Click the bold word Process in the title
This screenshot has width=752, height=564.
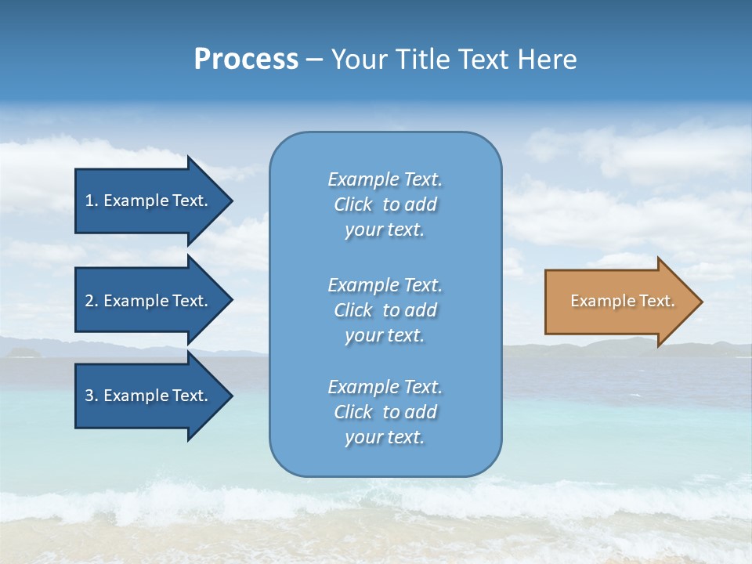pyautogui.click(x=246, y=60)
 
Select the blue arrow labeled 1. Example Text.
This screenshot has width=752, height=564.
pyautogui.click(x=146, y=201)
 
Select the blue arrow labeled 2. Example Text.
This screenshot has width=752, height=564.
pyautogui.click(x=146, y=301)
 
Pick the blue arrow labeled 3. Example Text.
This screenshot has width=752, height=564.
pyautogui.click(x=146, y=396)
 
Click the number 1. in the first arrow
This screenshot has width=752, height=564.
pyautogui.click(x=92, y=201)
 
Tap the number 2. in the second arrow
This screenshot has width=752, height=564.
pyautogui.click(x=92, y=301)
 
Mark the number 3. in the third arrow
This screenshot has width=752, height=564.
pyautogui.click(x=92, y=396)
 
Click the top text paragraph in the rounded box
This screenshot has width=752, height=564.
pyautogui.click(x=385, y=204)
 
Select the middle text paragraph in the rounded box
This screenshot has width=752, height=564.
pyautogui.click(x=385, y=310)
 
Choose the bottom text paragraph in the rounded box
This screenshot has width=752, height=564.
pyautogui.click(x=385, y=412)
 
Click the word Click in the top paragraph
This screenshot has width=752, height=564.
pyautogui.click(x=353, y=204)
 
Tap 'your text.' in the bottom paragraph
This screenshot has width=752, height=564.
pyautogui.click(x=385, y=437)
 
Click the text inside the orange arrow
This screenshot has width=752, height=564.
pyautogui.click(x=622, y=301)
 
